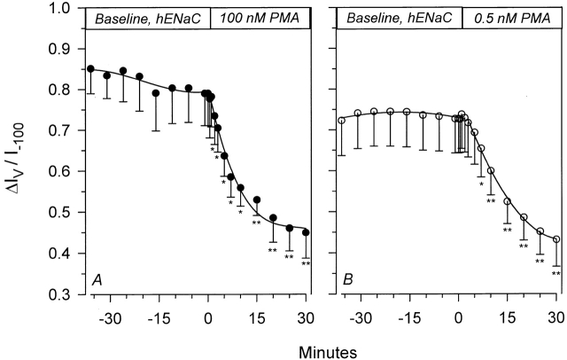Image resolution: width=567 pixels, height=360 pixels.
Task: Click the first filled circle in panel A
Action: click(90, 69)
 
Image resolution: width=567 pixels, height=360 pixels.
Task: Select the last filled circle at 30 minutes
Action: click(306, 232)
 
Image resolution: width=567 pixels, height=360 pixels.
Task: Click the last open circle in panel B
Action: click(556, 239)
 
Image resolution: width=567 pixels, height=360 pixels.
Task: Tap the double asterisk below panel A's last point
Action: click(306, 263)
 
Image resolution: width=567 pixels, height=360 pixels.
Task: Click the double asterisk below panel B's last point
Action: click(556, 274)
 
